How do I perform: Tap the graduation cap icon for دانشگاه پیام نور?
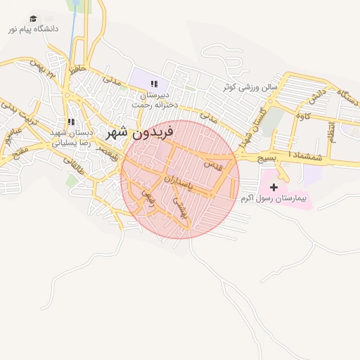pos(34,19)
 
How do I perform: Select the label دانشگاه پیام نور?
pos(33,30)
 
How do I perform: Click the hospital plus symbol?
pos(274,187)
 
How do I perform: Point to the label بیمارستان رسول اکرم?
pos(274,200)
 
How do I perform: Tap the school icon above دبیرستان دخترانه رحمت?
pos(154,84)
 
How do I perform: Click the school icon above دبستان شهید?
pos(71,122)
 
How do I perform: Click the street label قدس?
pos(212,165)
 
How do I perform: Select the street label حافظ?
pos(77,70)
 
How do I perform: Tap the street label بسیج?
pos(266,160)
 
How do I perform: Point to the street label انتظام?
pos(331,132)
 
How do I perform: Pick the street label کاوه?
pos(304,113)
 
